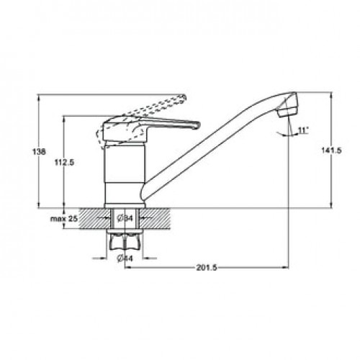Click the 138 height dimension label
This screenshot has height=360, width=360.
pos(39,152)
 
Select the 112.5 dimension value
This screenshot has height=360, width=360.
pos(64,163)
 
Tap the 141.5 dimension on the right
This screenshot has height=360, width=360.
pos(331,150)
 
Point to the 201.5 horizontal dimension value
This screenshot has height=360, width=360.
pos(207,267)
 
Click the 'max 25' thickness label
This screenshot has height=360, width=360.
pos(64,219)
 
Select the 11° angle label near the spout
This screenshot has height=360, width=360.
pos(303,130)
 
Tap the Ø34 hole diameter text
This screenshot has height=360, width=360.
pos(125,218)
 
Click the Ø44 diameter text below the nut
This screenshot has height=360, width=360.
pos(125,258)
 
